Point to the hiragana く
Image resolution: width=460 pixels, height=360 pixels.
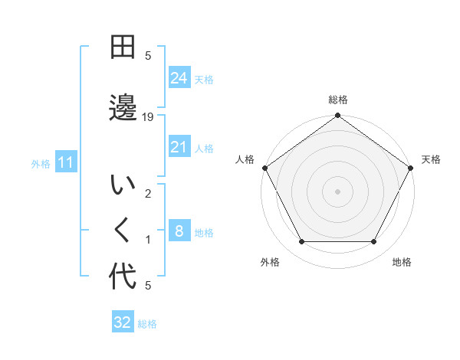(123, 231)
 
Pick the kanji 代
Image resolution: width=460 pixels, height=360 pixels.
(123, 277)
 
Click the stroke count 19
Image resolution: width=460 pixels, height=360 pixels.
(148, 117)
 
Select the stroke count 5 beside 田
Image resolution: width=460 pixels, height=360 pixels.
(148, 55)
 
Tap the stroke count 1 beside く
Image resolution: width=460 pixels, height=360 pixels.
(148, 240)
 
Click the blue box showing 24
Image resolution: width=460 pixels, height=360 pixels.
(179, 77)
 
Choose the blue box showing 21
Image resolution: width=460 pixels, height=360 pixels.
(179, 147)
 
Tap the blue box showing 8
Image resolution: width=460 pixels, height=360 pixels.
(179, 232)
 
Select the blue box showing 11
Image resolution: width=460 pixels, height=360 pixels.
(65, 162)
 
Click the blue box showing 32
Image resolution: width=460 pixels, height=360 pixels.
(122, 322)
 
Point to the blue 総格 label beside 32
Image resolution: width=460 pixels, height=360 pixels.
(147, 324)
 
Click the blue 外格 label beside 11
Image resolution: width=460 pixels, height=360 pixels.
(41, 163)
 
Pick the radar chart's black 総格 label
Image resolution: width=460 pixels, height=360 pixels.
(338, 100)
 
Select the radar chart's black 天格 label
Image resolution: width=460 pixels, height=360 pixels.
(431, 159)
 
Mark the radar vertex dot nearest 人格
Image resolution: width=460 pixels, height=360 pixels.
(264, 168)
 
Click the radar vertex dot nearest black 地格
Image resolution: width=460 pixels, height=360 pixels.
(374, 242)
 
